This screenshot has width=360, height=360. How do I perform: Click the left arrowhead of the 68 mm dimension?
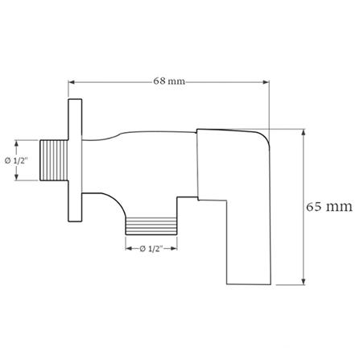click(72, 81)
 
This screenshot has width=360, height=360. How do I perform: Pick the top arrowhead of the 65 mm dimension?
click(303, 130)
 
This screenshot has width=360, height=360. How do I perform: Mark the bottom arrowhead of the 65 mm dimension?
click(303, 283)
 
